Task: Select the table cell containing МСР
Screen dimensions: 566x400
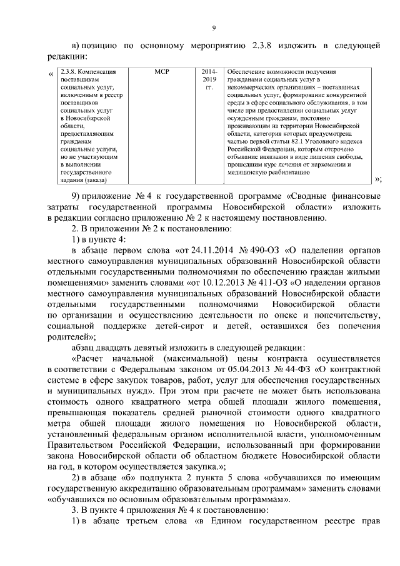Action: tap(161, 73)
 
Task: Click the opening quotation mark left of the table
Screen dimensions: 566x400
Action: tap(51, 76)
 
